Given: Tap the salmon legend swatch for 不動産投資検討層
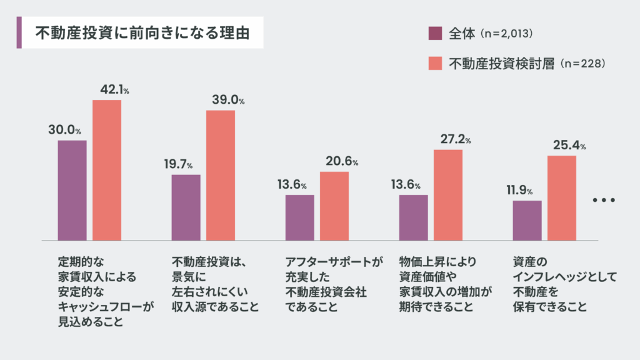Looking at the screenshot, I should click(x=436, y=63).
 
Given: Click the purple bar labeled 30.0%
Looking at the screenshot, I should click(x=72, y=190).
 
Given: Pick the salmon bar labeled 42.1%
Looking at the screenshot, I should click(x=107, y=170).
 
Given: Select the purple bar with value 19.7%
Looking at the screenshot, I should click(x=186, y=207).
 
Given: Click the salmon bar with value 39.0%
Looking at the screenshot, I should click(x=221, y=175).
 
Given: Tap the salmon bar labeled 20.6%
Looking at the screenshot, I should click(x=334, y=206).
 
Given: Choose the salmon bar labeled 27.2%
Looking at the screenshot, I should click(x=448, y=195).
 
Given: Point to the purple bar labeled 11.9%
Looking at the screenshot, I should click(x=527, y=220).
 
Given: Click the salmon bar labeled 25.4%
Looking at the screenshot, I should click(x=562, y=197).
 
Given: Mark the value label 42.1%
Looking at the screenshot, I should click(x=114, y=90).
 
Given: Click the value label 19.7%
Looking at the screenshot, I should click(x=178, y=165).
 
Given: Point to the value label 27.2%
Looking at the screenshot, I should click(x=456, y=140).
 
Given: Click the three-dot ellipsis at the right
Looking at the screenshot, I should click(x=604, y=201).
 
